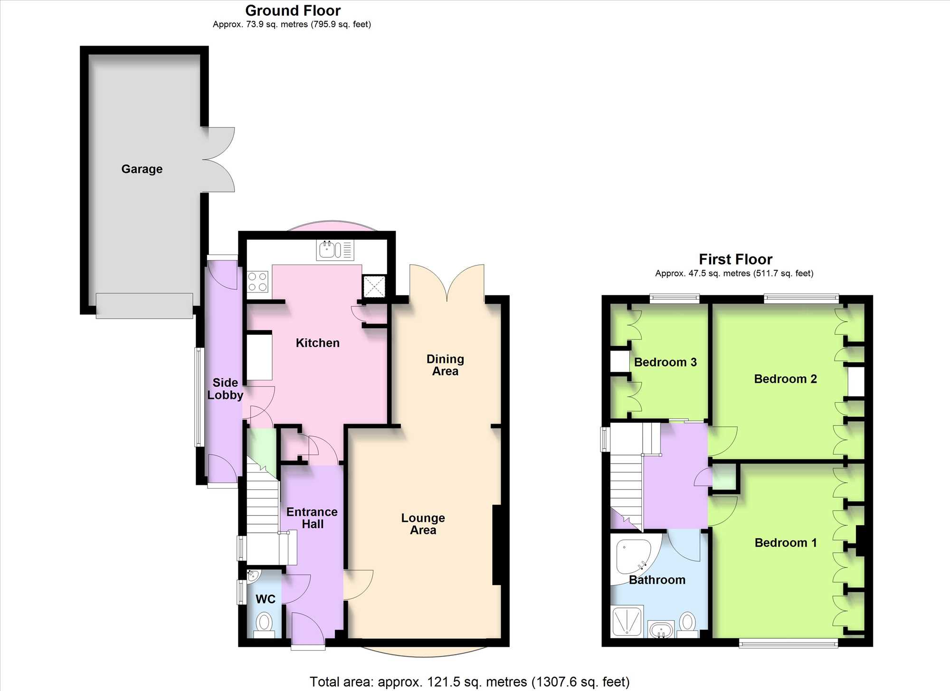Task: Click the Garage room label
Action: click(x=142, y=169)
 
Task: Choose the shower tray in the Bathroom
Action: click(x=627, y=621)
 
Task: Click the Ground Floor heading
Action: click(x=293, y=10)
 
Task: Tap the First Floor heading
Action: click(x=735, y=259)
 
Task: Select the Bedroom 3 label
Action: click(x=665, y=362)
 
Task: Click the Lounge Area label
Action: click(x=423, y=524)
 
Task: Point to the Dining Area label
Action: click(x=445, y=365)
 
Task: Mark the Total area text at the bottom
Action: click(x=469, y=682)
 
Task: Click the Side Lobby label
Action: click(x=225, y=388)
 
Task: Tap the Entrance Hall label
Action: click(x=312, y=518)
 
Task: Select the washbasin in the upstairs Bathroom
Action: click(x=661, y=630)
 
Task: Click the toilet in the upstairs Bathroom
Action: click(x=687, y=625)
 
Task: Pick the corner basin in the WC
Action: click(x=253, y=576)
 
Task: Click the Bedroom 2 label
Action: click(x=785, y=379)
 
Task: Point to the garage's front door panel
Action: click(x=144, y=305)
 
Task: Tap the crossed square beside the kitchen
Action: click(x=374, y=286)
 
